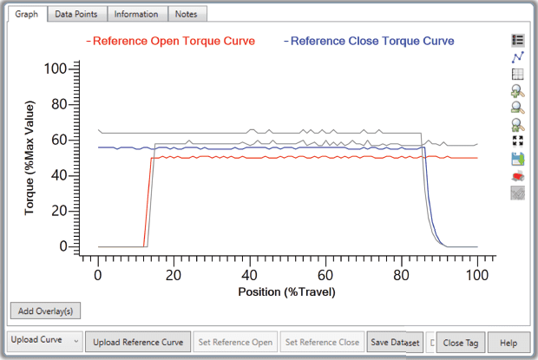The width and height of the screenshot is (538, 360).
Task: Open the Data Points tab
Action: click(77, 14)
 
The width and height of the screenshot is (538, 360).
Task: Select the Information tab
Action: click(136, 14)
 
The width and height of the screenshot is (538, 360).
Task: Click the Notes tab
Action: click(185, 14)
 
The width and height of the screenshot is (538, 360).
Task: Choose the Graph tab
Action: click(27, 14)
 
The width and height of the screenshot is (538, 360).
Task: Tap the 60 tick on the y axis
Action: click(60, 140)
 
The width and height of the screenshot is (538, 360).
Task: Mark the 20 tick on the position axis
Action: click(174, 275)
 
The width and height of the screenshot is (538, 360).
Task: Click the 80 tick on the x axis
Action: click(401, 275)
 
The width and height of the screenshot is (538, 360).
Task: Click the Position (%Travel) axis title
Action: click(286, 291)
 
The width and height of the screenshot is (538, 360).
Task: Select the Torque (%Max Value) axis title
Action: click(30, 158)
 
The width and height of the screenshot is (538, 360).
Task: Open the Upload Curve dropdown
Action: click(45, 341)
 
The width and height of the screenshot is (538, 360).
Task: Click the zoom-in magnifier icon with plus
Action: click(518, 91)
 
